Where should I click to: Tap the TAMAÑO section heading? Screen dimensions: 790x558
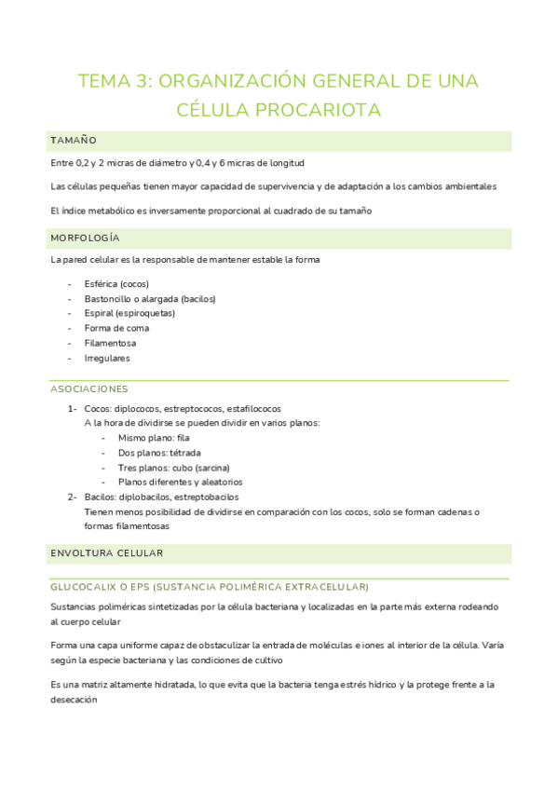pos(74,141)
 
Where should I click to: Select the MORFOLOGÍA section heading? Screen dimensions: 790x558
pos(86,238)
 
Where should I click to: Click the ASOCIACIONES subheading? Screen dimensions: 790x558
pos(89,388)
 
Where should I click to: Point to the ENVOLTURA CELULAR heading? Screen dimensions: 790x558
pos(107,553)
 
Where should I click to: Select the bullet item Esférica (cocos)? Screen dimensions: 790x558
pos(116,283)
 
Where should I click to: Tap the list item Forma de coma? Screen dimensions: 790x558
pos(116,328)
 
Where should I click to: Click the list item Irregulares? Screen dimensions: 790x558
pos(107,358)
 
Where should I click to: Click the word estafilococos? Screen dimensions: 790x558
pos(252,408)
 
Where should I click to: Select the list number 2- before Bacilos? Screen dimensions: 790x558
pos(72,497)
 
